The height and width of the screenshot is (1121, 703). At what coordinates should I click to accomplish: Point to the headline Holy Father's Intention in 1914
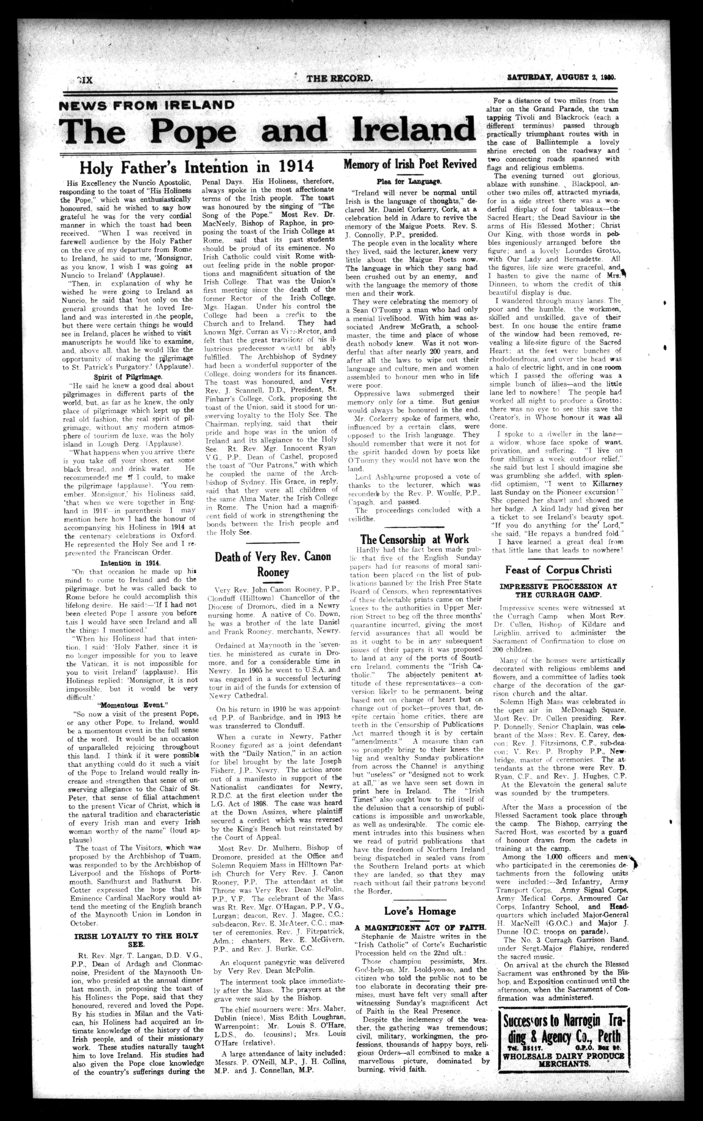(196, 167)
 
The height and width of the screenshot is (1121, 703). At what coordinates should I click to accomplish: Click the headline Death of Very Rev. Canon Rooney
(273, 564)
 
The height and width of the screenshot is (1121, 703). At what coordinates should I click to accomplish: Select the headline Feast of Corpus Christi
(558, 570)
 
